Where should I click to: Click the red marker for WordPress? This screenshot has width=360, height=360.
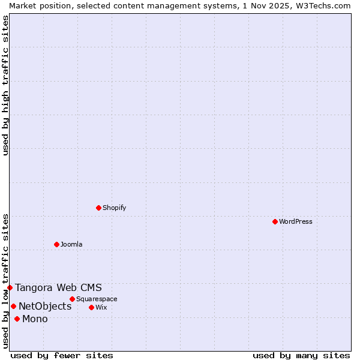click(275, 221)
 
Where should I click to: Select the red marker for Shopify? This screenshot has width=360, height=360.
click(98, 208)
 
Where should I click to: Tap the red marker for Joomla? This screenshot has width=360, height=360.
click(56, 244)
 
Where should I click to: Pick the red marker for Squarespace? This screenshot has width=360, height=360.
click(72, 299)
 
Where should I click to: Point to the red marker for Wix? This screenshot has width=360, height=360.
click(91, 307)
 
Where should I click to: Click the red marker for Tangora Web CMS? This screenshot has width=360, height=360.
click(10, 287)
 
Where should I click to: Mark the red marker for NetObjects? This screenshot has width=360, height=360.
click(13, 306)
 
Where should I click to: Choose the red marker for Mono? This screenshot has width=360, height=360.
click(17, 319)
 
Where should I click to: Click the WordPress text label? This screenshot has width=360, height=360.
click(296, 221)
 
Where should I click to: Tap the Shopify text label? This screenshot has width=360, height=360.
click(114, 208)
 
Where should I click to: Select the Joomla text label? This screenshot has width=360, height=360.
click(71, 244)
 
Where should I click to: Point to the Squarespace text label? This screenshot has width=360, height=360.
click(97, 299)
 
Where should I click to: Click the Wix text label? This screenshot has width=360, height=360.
click(101, 307)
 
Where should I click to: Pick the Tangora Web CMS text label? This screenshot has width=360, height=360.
click(59, 287)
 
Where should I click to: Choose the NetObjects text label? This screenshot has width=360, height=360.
click(45, 306)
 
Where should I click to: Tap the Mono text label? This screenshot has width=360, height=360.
click(35, 319)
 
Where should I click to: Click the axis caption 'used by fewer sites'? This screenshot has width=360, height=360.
click(62, 355)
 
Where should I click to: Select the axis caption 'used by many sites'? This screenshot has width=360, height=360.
click(301, 355)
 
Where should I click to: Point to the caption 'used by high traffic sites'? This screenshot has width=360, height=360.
click(5, 85)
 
